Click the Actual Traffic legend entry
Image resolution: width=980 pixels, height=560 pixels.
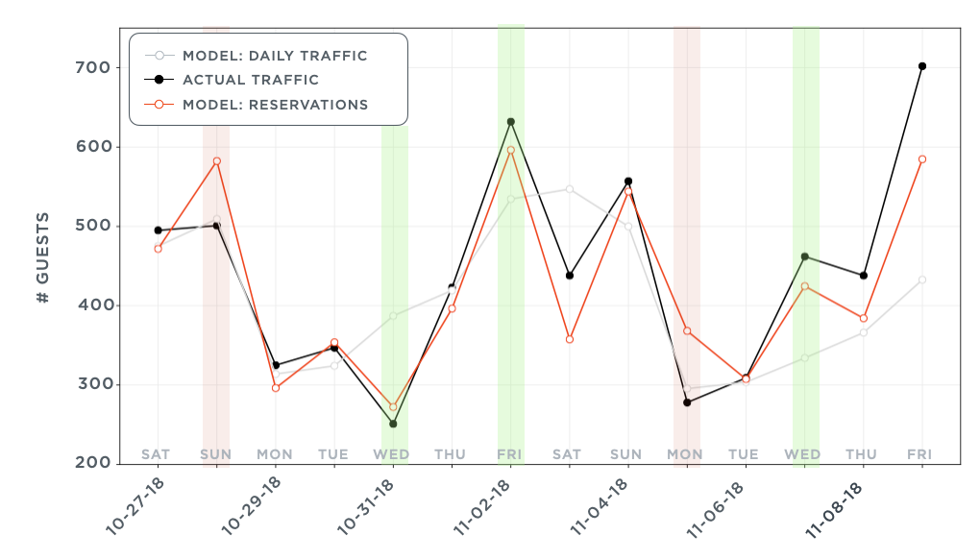250,80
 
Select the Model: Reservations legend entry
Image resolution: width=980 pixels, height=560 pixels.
275,105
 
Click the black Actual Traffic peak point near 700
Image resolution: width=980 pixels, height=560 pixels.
922,66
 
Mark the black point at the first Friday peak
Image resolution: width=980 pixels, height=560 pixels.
511,122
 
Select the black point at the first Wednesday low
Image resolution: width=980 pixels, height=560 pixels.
393,424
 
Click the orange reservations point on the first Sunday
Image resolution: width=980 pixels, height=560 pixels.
217,161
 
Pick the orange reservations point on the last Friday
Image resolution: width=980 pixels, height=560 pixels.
922,159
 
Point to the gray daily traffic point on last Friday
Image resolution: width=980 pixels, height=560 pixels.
922,280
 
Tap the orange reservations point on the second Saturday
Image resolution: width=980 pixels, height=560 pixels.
570,339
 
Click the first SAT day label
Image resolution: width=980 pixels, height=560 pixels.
158,454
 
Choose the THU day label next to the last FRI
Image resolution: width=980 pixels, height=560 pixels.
863,454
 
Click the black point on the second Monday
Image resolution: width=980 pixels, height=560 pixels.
687,402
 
